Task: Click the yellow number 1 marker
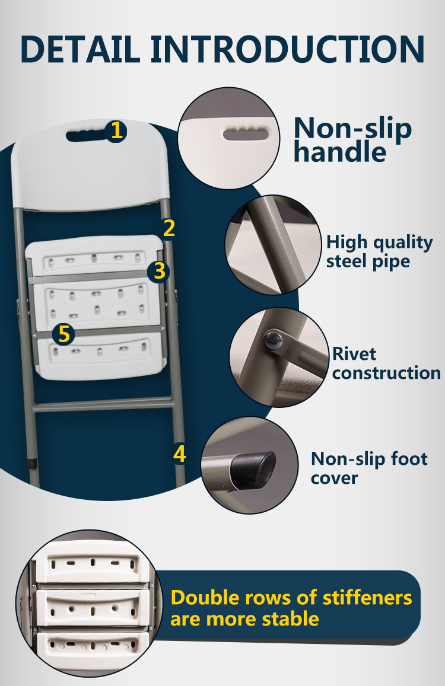tap(116, 131)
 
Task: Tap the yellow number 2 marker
tap(169, 228)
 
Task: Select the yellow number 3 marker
tap(158, 271)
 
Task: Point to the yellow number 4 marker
tap(180, 454)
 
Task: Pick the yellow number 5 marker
tap(63, 334)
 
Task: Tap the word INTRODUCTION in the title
tap(288, 49)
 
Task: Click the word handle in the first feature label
tap(340, 152)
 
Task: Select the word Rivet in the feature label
tap(354, 353)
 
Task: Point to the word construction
tap(386, 373)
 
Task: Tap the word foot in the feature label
tap(409, 458)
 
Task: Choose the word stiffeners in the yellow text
tap(367, 598)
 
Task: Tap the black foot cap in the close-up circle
tap(253, 470)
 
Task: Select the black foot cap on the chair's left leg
tap(33, 463)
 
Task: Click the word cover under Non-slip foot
tap(334, 478)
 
